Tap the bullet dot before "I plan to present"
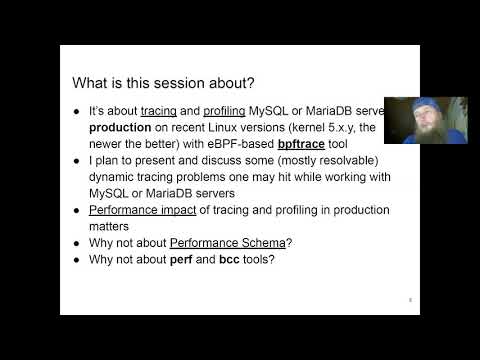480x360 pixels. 77,164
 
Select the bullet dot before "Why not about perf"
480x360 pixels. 77,261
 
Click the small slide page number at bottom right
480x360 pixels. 410,298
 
